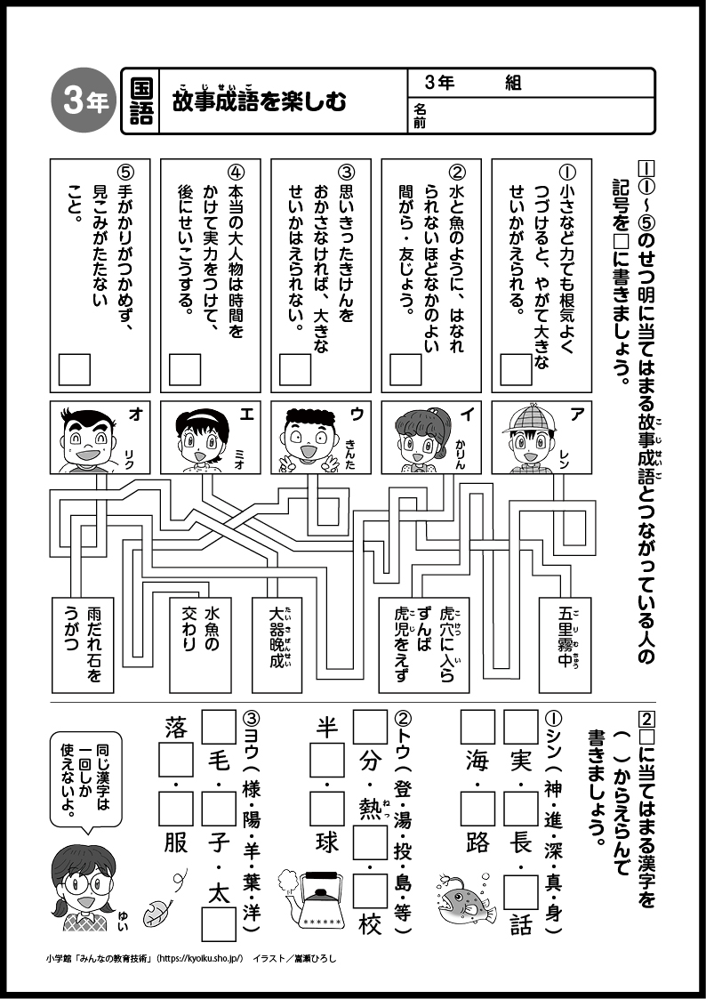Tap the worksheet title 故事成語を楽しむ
click(x=260, y=101)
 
